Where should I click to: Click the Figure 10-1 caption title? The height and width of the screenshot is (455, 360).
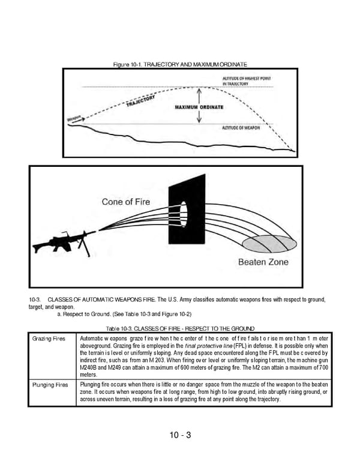pyautogui.click(x=180, y=64)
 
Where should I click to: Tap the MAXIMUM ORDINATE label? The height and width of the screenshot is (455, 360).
pyautogui.click(x=200, y=107)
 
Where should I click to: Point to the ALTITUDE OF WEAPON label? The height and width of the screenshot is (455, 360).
pyautogui.click(x=241, y=128)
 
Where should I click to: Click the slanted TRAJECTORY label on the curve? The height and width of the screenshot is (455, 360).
pyautogui.click(x=142, y=101)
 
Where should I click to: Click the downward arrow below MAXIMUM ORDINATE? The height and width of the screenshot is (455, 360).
pyautogui.click(x=199, y=118)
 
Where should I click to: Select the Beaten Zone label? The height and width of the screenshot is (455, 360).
pyautogui.click(x=263, y=262)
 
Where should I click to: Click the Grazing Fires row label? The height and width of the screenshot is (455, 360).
pyautogui.click(x=49, y=339)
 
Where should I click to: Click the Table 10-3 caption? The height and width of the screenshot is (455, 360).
pyautogui.click(x=180, y=329)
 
